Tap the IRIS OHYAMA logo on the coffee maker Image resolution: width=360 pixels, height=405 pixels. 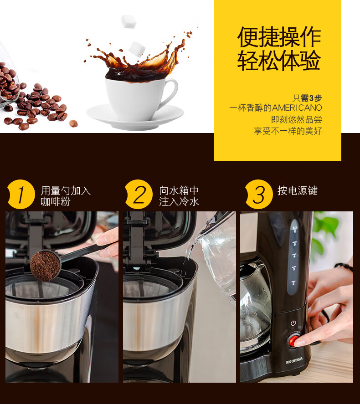point(294,360)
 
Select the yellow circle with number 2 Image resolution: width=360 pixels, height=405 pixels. point(139,194)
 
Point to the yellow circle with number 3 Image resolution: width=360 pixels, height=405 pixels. point(258,194)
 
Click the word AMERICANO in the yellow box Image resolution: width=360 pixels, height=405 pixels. point(297,108)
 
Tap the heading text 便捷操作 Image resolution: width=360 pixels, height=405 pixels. point(279,37)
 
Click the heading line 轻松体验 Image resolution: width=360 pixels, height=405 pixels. point(279,61)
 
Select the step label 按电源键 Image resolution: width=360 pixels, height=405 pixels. point(298,190)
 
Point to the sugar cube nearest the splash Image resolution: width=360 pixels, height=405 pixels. point(137,49)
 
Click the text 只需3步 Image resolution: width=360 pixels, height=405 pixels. point(307,98)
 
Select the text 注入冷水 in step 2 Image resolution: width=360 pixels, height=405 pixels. point(179,201)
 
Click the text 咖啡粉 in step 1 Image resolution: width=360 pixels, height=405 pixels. point(56,201)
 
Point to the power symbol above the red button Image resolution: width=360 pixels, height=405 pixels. point(293,323)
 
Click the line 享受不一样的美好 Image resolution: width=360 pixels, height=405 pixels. point(288,131)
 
